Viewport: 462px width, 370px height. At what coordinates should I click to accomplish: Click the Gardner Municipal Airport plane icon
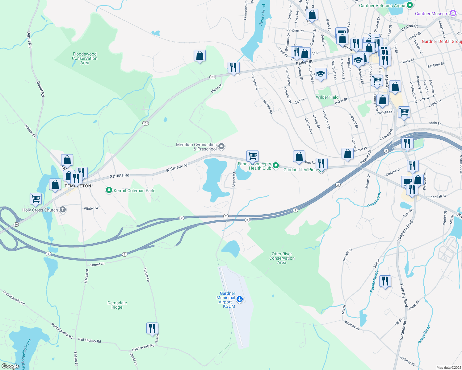click(x=239, y=299)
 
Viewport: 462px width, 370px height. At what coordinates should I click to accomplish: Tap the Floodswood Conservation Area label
click(x=85, y=58)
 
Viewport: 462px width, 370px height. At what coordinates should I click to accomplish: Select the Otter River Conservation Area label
click(x=282, y=258)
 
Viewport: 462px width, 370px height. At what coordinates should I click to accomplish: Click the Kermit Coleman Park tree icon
click(x=109, y=190)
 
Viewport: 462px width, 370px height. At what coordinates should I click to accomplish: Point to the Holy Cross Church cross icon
click(x=63, y=210)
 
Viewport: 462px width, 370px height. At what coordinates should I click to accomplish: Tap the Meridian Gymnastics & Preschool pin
click(x=221, y=146)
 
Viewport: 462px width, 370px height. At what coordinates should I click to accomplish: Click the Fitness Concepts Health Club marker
click(x=276, y=166)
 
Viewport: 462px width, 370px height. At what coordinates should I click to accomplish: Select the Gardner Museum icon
click(x=453, y=13)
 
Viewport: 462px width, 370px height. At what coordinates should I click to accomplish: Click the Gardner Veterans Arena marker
click(x=410, y=5)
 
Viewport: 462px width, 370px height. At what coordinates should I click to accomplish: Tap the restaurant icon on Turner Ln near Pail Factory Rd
click(x=152, y=328)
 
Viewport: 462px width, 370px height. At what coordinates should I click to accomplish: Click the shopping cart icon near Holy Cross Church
click(x=36, y=199)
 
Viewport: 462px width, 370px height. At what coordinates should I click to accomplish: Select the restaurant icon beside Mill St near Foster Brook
click(x=385, y=281)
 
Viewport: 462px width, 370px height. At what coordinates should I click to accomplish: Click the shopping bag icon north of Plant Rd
click(x=199, y=56)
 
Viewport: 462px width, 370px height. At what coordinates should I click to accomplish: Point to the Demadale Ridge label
click(x=117, y=305)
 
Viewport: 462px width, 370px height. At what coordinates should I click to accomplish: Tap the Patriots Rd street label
click(x=119, y=176)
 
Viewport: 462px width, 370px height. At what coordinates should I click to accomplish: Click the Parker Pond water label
click(x=262, y=15)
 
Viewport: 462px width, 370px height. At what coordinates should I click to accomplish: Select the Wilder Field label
click(x=327, y=97)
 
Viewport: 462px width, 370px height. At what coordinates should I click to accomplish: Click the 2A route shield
click(x=16, y=224)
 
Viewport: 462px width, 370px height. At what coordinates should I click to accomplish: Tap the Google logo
click(x=10, y=366)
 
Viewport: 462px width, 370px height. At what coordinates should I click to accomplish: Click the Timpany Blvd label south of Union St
click(x=404, y=295)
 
